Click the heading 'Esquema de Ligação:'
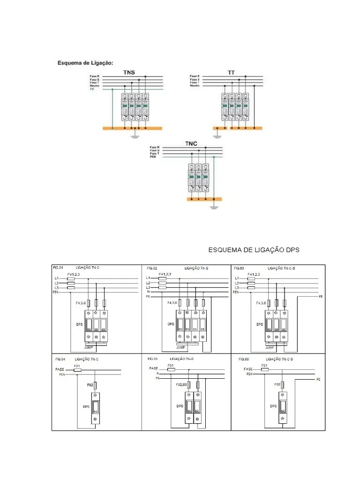click(85, 62)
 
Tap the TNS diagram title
click(129, 73)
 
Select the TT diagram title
click(231, 73)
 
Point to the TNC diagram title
click(191, 144)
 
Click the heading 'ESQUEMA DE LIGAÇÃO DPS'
click(254, 250)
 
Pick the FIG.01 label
click(58, 268)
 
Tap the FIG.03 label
click(239, 268)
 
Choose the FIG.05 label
click(152, 359)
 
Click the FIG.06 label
click(244, 359)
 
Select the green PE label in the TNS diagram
click(92, 89)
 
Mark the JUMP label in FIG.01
click(89, 348)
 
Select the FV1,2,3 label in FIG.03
click(254, 274)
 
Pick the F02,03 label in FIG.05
click(181, 385)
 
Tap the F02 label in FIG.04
click(90, 385)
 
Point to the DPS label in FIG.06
click(274, 406)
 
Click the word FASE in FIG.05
click(154, 368)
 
